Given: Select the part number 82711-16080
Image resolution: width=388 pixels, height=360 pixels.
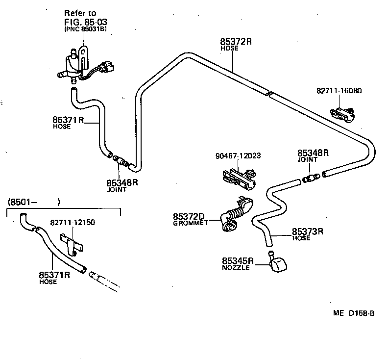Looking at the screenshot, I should pos(339,91).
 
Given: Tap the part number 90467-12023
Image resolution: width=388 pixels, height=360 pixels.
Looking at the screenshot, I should pos(238,156).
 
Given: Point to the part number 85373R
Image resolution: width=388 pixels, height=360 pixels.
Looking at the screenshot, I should pos(308,231).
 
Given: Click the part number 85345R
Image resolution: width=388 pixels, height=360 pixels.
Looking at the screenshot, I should pos(237,261).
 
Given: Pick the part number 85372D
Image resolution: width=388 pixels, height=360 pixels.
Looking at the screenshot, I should pos(189,216).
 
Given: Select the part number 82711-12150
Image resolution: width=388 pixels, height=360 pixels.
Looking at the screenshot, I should pos(73,222).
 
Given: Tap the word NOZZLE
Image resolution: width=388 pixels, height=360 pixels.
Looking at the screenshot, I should pos(236,268).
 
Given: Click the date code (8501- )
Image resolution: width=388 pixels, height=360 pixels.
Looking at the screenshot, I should pos(34,201).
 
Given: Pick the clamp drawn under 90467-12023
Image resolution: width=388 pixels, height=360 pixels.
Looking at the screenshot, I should pos(239,177).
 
